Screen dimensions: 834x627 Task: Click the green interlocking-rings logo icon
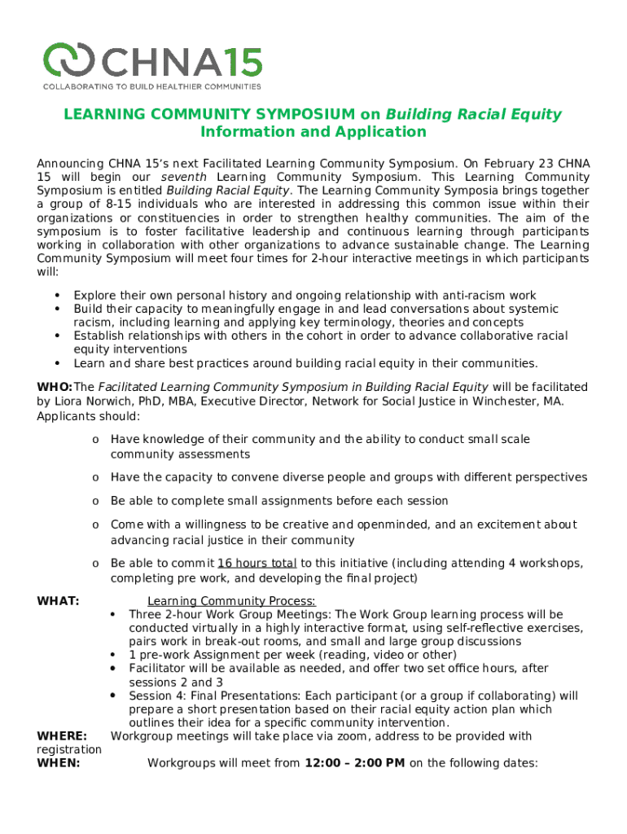[x=71, y=59]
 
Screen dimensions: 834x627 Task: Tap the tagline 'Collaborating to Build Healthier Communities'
[x=152, y=86]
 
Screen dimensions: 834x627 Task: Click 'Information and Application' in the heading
[x=313, y=132]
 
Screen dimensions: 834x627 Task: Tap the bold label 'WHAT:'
[x=59, y=601]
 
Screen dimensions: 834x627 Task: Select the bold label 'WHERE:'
[x=63, y=736]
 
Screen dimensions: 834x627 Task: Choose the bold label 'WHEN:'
[x=59, y=763]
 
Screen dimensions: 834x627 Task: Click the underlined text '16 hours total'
[x=257, y=564]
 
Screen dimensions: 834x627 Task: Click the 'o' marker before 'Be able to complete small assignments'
[x=95, y=501]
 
